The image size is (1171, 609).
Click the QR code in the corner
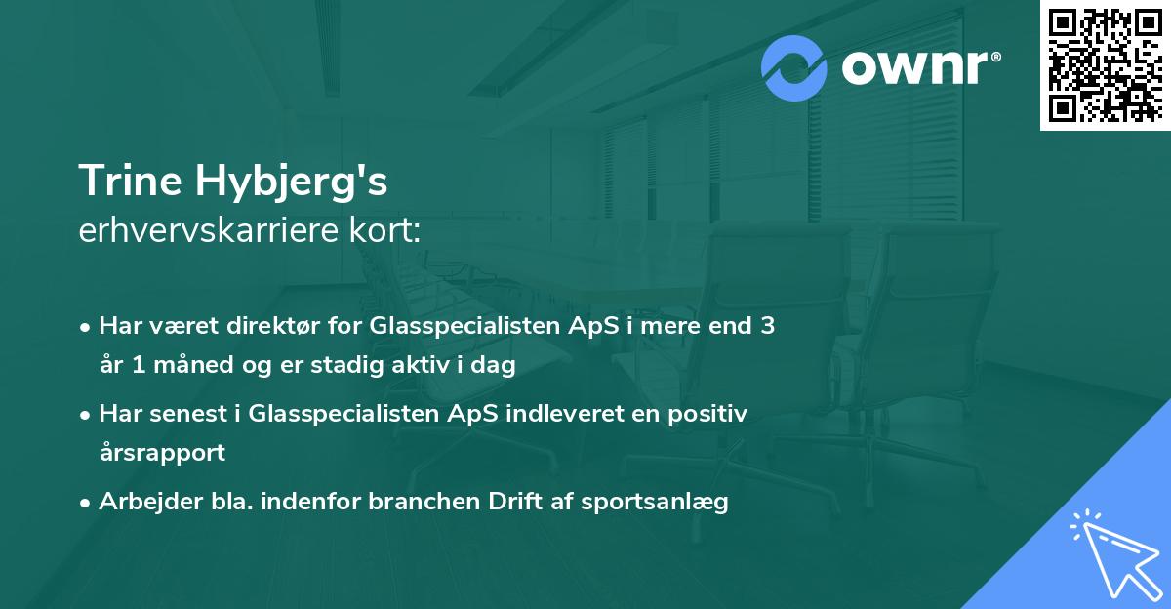tap(1106, 64)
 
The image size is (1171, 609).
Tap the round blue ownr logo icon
tap(796, 68)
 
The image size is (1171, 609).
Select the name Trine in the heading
tap(133, 182)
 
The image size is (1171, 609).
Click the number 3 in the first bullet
tap(767, 326)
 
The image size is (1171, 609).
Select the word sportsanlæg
tap(655, 503)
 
